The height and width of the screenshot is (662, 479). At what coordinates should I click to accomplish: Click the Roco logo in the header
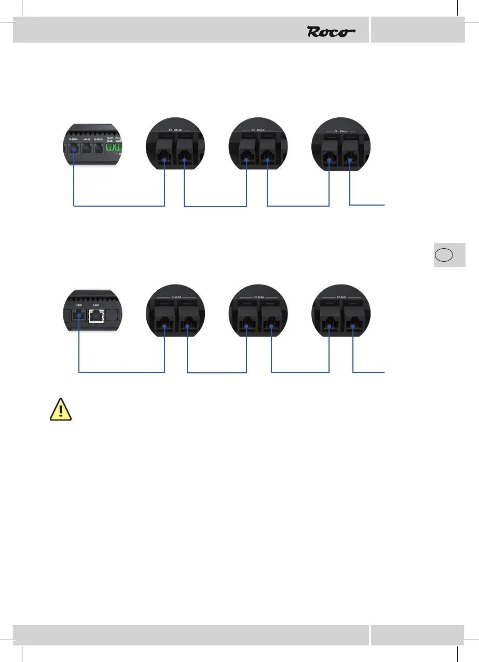[x=331, y=32]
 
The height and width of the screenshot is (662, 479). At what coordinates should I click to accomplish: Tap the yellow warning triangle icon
[x=61, y=410]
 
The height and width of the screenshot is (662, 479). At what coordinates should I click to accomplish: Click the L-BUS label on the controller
[x=87, y=139]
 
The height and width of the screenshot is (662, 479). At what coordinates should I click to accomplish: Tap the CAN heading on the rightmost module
[x=341, y=297]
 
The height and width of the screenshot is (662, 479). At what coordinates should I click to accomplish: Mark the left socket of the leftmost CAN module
[x=164, y=320]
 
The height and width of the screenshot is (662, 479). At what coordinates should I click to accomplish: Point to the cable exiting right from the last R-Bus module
[x=368, y=206]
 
